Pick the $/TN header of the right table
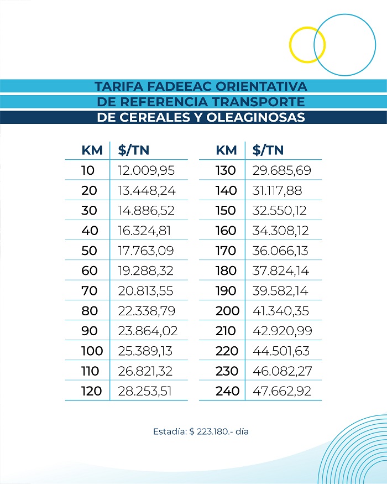(x=268, y=150)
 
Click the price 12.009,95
(x=147, y=170)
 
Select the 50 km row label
(x=88, y=251)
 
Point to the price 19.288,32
(x=147, y=270)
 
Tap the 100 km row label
(x=91, y=351)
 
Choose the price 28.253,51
(x=145, y=391)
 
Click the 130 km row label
(x=226, y=170)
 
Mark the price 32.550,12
(x=280, y=211)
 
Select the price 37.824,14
(x=280, y=270)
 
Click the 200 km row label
(x=227, y=311)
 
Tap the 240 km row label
(x=227, y=391)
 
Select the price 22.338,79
(x=147, y=311)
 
